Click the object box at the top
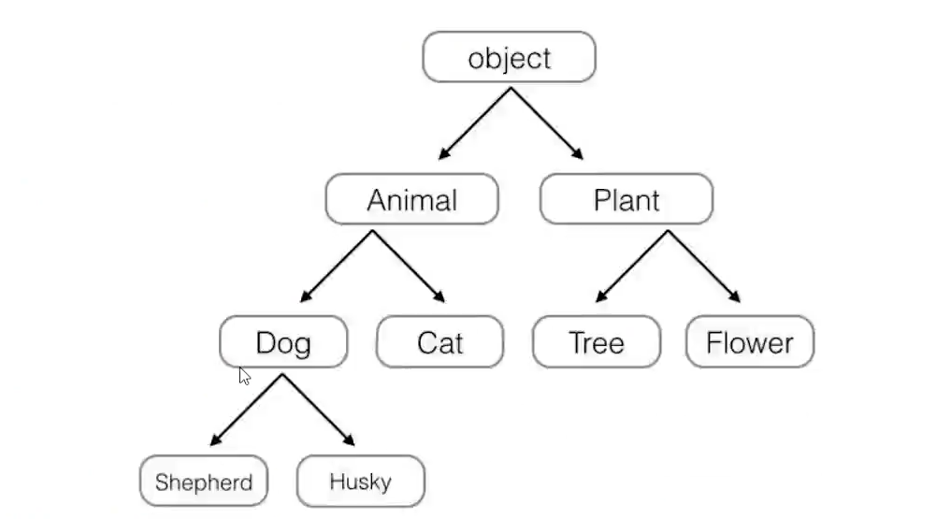pos(509,57)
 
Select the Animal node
pos(411,199)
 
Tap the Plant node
pos(626,199)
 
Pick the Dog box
pos(283,342)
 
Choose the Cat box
pos(439,342)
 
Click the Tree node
pos(596,342)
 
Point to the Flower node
pos(749,342)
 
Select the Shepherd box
pos(203,483)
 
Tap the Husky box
pos(360,483)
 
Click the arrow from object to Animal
pos(475,123)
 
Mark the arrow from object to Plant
pos(546,123)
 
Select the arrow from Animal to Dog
pos(338,266)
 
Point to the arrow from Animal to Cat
pos(409,266)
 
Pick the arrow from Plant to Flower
pos(703,266)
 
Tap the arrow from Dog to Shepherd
pos(247,409)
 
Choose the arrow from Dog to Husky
pos(318,409)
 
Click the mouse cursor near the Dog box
pos(244,376)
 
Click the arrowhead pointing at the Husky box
pos(351,440)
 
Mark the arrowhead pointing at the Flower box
pos(735,297)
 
